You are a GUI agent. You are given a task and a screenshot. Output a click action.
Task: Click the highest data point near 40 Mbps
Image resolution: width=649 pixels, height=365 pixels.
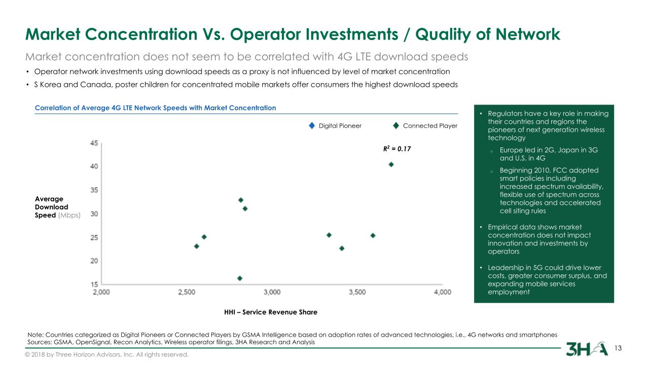(391, 164)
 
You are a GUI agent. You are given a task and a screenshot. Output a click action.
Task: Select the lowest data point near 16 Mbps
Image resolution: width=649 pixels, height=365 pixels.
(240, 278)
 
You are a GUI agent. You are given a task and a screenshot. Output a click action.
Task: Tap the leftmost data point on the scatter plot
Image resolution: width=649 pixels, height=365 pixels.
(197, 246)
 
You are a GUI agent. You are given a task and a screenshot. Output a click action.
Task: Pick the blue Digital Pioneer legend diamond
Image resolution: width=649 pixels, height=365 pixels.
(312, 126)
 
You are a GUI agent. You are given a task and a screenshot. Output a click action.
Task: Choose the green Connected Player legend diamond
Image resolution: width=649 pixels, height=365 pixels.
(396, 126)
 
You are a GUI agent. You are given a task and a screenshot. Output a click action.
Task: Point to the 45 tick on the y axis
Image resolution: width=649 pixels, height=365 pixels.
(94, 143)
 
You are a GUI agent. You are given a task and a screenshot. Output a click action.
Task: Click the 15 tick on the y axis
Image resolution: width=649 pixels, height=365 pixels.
(94, 284)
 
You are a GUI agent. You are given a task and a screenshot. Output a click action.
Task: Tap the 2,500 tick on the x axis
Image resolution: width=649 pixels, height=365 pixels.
(187, 293)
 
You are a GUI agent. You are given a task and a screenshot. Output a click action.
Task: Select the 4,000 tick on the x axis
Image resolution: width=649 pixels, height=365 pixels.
(443, 293)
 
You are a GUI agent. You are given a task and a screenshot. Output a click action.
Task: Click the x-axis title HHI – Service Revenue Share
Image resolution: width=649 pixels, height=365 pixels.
(271, 312)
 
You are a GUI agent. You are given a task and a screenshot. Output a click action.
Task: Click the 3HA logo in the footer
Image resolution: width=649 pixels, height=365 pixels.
(587, 349)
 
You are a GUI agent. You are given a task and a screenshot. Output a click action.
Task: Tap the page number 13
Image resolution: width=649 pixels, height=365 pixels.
(618, 348)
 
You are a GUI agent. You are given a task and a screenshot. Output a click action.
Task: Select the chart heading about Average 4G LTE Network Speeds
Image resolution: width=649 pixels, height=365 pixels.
(155, 107)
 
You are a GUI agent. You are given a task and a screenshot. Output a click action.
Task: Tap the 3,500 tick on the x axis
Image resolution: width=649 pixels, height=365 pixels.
(357, 293)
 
